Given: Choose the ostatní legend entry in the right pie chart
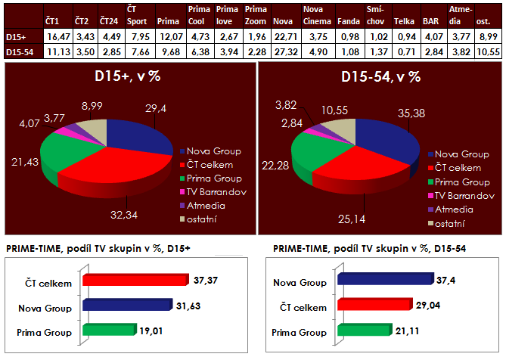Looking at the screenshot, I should tap(448, 224).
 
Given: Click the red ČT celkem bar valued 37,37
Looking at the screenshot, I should tap(136, 281).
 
